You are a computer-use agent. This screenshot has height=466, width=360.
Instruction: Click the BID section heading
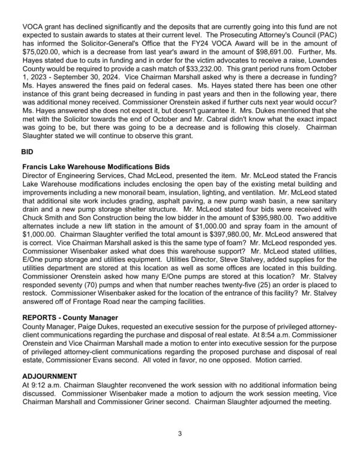(28, 153)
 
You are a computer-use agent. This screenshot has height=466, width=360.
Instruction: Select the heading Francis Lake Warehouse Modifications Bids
(95, 166)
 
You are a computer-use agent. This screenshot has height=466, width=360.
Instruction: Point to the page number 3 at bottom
(180, 433)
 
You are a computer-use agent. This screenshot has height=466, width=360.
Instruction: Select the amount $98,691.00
(274, 52)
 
